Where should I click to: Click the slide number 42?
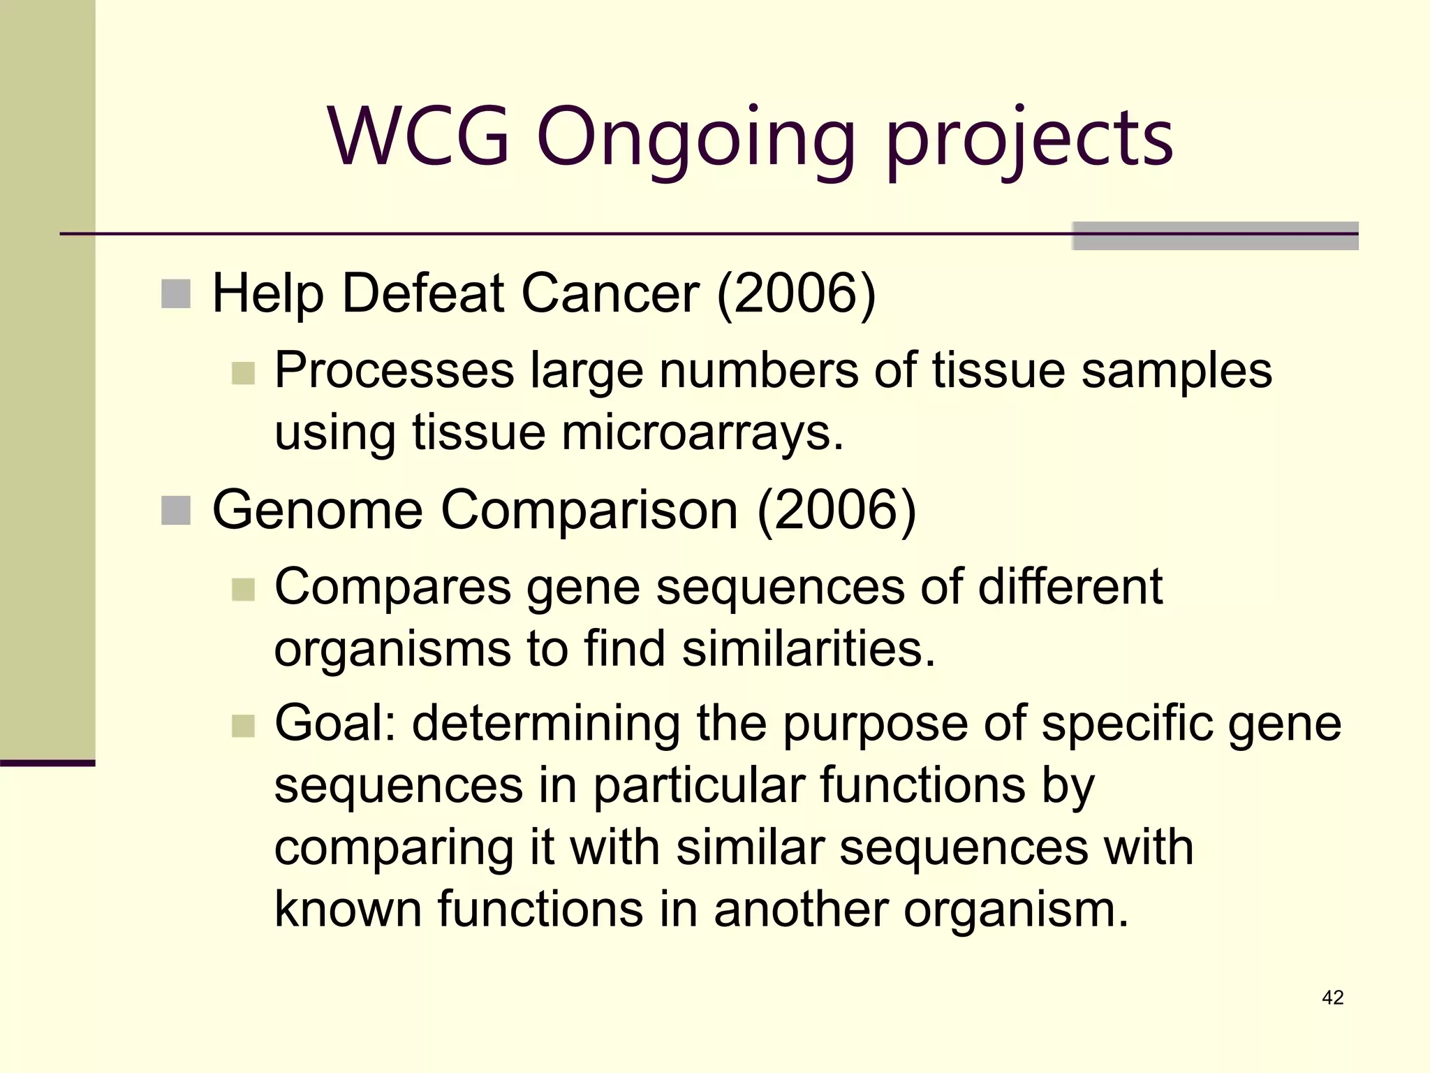[x=1332, y=998]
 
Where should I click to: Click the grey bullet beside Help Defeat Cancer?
[x=176, y=294]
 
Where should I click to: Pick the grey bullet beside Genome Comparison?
[x=176, y=511]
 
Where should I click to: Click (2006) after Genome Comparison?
[x=836, y=510]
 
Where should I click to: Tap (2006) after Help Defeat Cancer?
[x=796, y=293]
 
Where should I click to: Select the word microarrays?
[x=702, y=432]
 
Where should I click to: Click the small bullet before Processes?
[x=243, y=373]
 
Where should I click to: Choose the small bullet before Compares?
[x=243, y=590]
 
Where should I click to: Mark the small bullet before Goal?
[x=243, y=726]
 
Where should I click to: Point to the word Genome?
[x=318, y=510]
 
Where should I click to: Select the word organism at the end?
[x=1016, y=910]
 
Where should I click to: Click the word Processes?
[x=395, y=370]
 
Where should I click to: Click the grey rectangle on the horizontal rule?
[x=1215, y=235]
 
